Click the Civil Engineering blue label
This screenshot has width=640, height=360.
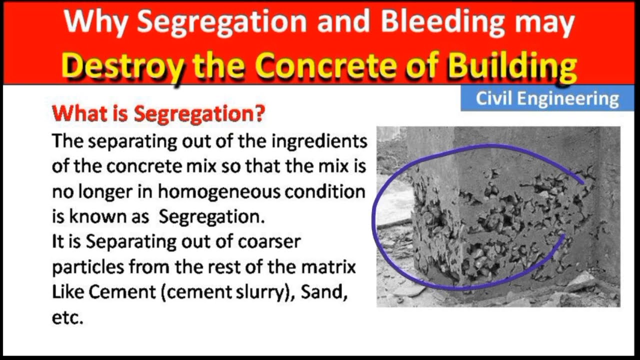tap(547, 98)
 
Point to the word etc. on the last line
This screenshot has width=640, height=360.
tap(67, 317)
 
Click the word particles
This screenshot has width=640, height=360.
tap(88, 267)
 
